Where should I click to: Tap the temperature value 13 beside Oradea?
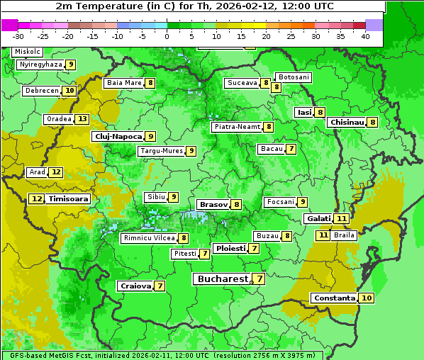[x=83, y=119]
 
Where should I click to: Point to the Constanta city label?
[x=334, y=298]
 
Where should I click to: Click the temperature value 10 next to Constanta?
[x=367, y=298]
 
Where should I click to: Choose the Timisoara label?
[x=69, y=199]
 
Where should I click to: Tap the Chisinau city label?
[x=347, y=122]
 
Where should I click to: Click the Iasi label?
[x=304, y=112]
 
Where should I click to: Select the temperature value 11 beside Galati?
[x=342, y=219]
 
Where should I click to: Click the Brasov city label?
[x=213, y=204]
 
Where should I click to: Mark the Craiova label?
[x=135, y=286]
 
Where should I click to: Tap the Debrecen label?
[x=41, y=91]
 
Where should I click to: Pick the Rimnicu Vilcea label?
[x=147, y=238]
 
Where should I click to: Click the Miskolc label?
[x=27, y=52]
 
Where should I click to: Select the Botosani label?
[x=294, y=77]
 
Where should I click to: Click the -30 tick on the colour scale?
[x=18, y=35]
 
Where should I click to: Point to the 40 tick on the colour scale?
[x=365, y=35]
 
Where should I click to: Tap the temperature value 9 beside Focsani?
[x=303, y=202]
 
